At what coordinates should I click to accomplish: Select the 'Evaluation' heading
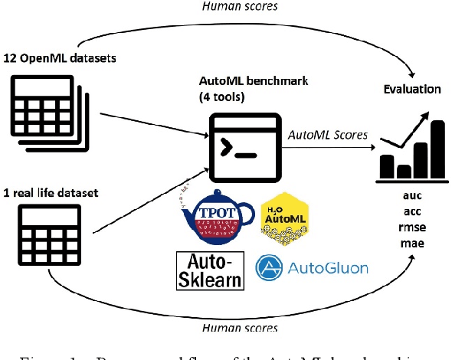point(412,89)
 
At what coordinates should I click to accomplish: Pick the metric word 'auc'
point(411,195)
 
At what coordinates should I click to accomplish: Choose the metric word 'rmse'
point(411,227)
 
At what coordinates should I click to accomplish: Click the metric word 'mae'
point(411,243)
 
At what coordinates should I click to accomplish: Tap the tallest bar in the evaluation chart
point(437,149)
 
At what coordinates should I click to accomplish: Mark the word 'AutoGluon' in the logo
point(327,268)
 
